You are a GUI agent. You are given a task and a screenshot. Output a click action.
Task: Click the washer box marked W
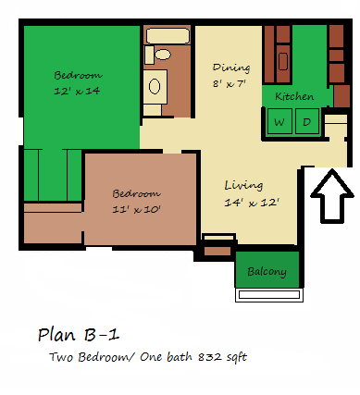(279, 121)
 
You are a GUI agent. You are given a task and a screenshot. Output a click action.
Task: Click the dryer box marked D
(306, 121)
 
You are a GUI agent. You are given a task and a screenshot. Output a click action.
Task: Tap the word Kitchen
(294, 97)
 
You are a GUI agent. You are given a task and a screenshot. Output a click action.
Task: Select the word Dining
(230, 68)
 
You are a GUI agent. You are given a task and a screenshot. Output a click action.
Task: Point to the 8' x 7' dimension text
(231, 84)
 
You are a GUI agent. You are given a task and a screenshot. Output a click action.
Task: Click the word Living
(242, 185)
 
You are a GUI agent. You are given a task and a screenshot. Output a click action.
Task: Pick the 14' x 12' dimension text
(251, 202)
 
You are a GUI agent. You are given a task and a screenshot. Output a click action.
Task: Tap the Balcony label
(267, 272)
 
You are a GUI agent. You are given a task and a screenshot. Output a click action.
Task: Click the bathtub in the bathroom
(168, 36)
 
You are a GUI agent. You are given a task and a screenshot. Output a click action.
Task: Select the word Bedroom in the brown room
(136, 194)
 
